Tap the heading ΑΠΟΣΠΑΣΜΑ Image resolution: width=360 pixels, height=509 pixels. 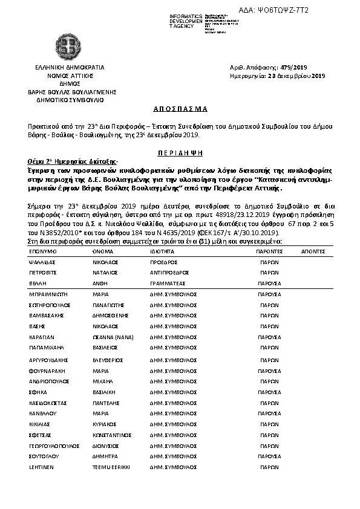click(x=180, y=109)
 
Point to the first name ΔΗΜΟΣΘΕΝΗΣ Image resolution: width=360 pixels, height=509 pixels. click(x=111, y=315)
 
